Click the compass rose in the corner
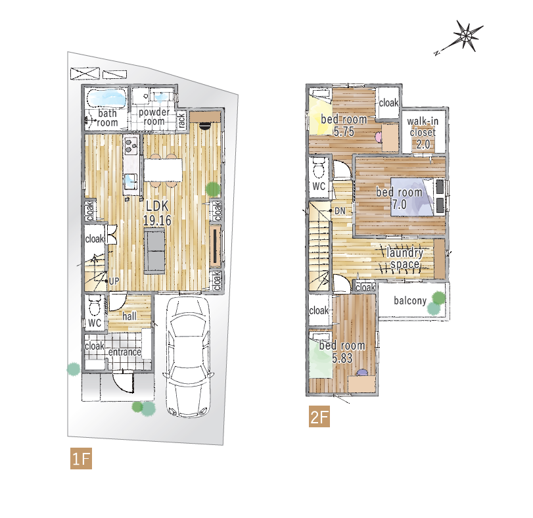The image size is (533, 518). (x=467, y=35)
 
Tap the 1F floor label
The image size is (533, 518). (x=81, y=459)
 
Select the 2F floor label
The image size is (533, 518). (x=319, y=416)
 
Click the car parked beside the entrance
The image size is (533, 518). (x=188, y=357)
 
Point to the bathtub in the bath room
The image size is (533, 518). (x=106, y=98)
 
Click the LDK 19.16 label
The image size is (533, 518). (x=157, y=213)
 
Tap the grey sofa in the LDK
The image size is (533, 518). (x=154, y=251)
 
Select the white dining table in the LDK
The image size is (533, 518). (x=163, y=170)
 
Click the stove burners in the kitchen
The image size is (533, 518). (x=131, y=145)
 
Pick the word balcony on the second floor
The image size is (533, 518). (x=410, y=300)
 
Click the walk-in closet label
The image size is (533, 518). (x=423, y=133)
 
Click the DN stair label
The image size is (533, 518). (x=340, y=211)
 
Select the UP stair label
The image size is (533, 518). (x=114, y=281)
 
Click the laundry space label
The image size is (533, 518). (x=405, y=258)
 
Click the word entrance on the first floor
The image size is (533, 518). (x=124, y=352)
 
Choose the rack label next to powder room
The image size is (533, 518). (x=181, y=120)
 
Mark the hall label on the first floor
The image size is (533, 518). (x=129, y=316)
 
